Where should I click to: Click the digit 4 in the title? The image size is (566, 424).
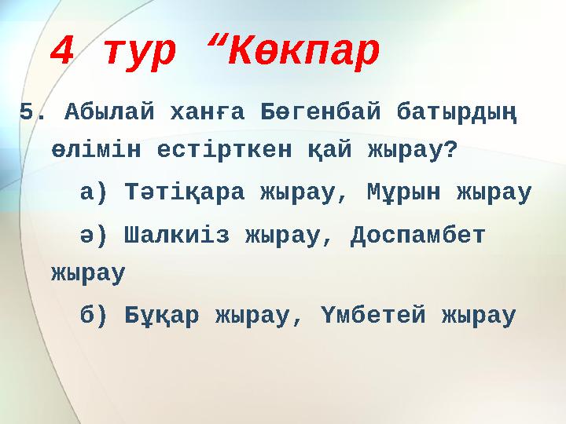click(62, 52)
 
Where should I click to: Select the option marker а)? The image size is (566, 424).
click(97, 192)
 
